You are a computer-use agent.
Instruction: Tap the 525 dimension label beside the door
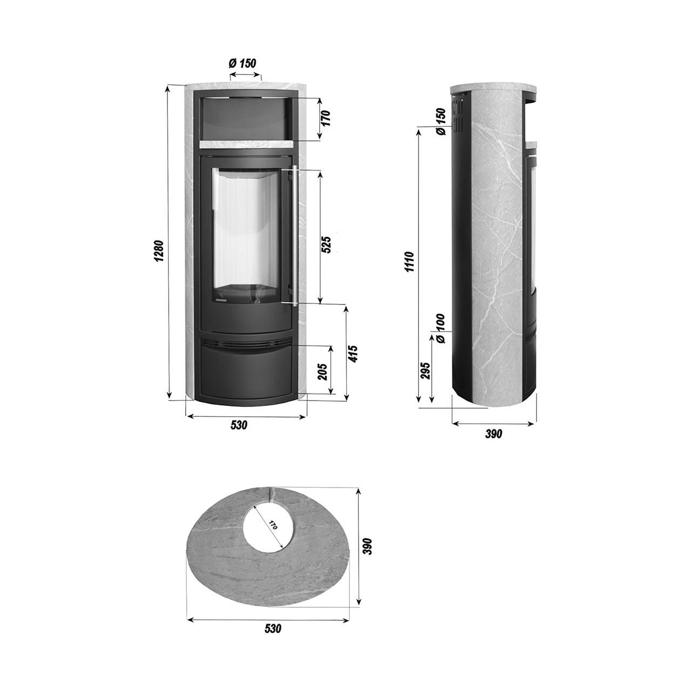[326, 245]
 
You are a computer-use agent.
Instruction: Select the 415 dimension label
[354, 354]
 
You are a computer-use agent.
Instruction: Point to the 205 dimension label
[323, 372]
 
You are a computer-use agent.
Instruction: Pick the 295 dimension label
[425, 370]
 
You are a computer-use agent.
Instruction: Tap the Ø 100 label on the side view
[441, 328]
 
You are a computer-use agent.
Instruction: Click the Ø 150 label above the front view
[242, 64]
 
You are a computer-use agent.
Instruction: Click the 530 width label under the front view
[239, 425]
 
